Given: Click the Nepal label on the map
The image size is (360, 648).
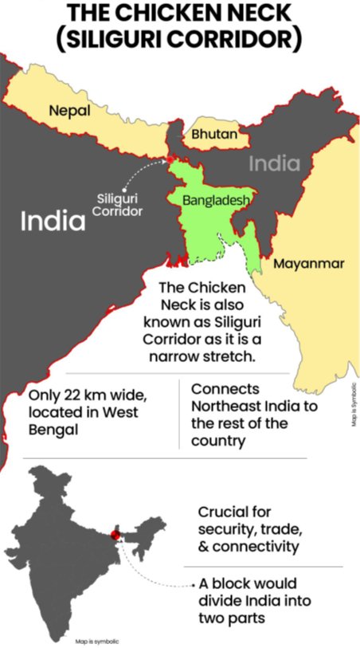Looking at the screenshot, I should pos(69,111).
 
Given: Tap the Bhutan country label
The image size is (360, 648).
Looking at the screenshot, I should pos(214,134).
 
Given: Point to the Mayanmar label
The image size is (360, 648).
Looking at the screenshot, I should pos(309,264).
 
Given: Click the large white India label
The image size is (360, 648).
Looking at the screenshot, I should pos(53,221).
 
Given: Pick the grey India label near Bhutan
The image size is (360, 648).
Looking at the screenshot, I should pos(275,164).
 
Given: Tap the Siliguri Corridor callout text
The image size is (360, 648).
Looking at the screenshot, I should pos(118,205).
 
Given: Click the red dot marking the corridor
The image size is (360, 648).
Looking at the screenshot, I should pos(170,159).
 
